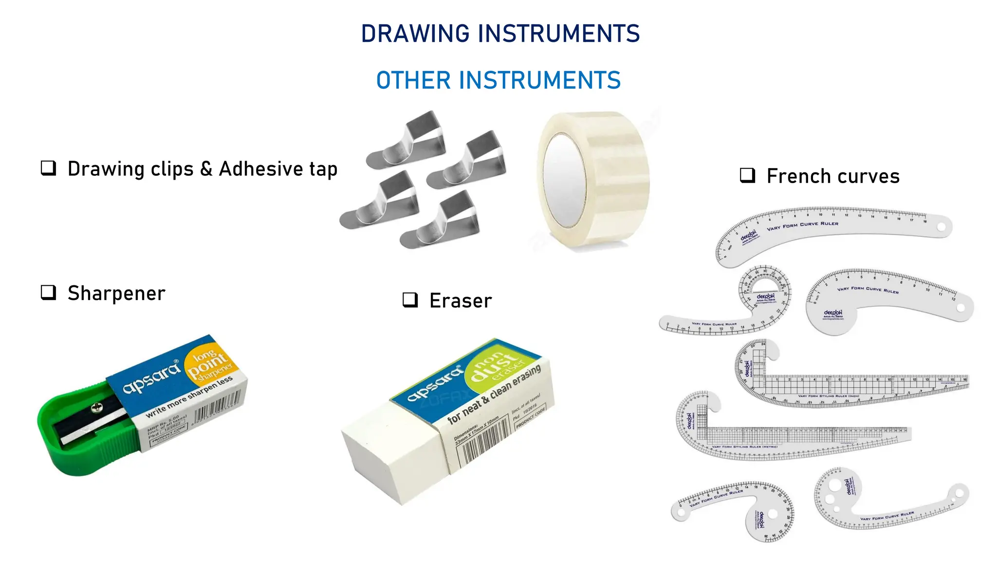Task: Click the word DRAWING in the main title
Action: pyautogui.click(x=416, y=34)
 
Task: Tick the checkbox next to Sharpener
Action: pyautogui.click(x=48, y=293)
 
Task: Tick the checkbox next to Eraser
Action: pyautogui.click(x=410, y=300)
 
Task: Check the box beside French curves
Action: pyautogui.click(x=747, y=175)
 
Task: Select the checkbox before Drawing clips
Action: pyautogui.click(x=48, y=168)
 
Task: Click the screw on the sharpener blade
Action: pyautogui.click(x=97, y=406)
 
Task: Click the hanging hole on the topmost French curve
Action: pyautogui.click(x=941, y=227)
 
